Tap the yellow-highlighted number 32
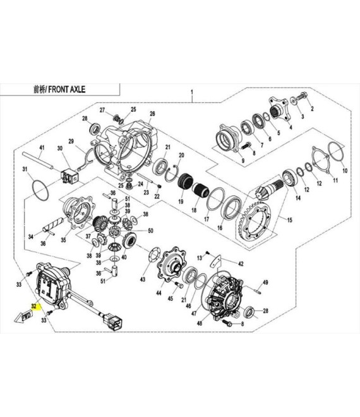tap(33, 306)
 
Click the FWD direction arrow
tap(23, 317)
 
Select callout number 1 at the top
tap(192, 92)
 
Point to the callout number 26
tap(152, 114)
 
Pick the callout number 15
tap(289, 220)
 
